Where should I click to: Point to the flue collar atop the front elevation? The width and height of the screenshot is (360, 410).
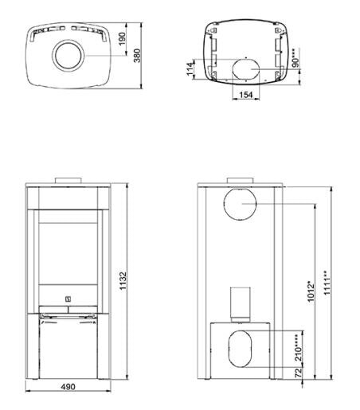click(68, 179)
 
